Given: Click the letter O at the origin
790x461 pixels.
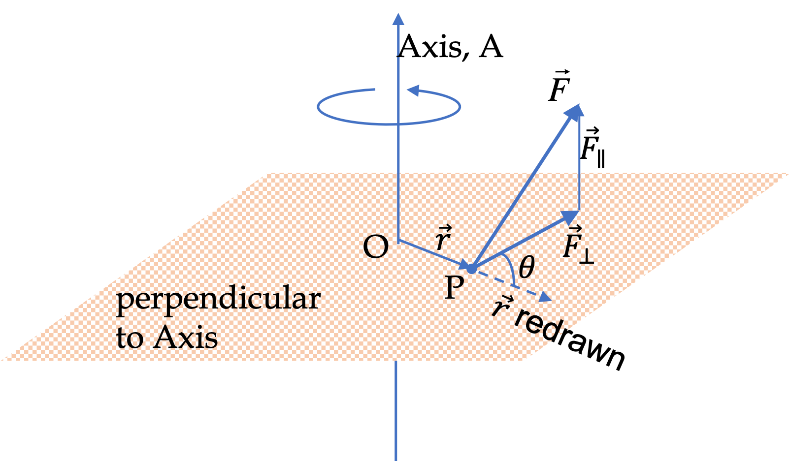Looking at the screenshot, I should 375,247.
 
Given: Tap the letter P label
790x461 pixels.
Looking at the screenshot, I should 454,287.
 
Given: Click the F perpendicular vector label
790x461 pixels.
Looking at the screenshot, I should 577,244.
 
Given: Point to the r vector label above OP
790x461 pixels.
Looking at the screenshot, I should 443,239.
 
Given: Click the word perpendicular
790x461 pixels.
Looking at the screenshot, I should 218,299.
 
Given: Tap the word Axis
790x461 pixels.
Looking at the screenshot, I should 186,338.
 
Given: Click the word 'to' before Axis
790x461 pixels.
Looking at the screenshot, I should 130,338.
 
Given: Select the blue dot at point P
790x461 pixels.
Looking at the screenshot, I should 471,269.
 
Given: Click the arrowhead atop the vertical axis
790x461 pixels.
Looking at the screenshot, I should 398,20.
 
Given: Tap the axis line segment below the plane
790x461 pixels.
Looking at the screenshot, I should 395,411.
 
